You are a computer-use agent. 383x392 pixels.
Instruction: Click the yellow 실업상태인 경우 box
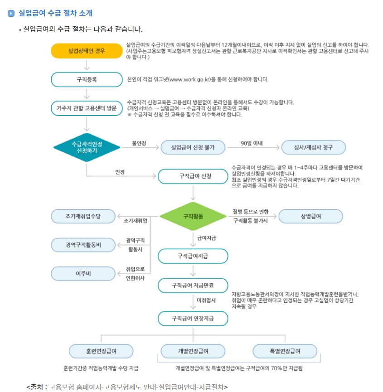(86, 51)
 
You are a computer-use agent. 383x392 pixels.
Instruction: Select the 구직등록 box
(86, 79)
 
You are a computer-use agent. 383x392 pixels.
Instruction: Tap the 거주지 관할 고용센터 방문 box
(86, 109)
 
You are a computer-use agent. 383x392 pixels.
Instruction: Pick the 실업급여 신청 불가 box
(192, 147)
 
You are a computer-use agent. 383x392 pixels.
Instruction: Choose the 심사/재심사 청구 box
(313, 147)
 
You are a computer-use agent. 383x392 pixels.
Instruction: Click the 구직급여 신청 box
(193, 176)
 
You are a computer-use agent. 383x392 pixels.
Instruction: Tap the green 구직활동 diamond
(193, 216)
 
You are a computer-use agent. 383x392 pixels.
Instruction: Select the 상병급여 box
(310, 216)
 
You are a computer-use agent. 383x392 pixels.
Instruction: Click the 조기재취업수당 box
(83, 216)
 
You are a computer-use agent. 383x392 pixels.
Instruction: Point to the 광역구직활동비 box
(83, 245)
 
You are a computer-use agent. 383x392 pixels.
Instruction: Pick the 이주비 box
(83, 274)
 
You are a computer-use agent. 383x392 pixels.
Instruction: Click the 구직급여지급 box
(193, 256)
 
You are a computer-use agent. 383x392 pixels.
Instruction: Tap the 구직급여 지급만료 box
(193, 286)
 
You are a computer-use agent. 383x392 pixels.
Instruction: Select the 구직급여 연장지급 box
(193, 318)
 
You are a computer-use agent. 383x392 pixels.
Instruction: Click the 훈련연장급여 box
(101, 351)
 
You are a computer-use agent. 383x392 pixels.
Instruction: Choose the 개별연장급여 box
(193, 351)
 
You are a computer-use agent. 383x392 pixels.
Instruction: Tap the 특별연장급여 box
(285, 351)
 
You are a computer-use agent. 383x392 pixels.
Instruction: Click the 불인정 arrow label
(139, 143)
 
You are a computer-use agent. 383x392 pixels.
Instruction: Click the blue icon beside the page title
(11, 13)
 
